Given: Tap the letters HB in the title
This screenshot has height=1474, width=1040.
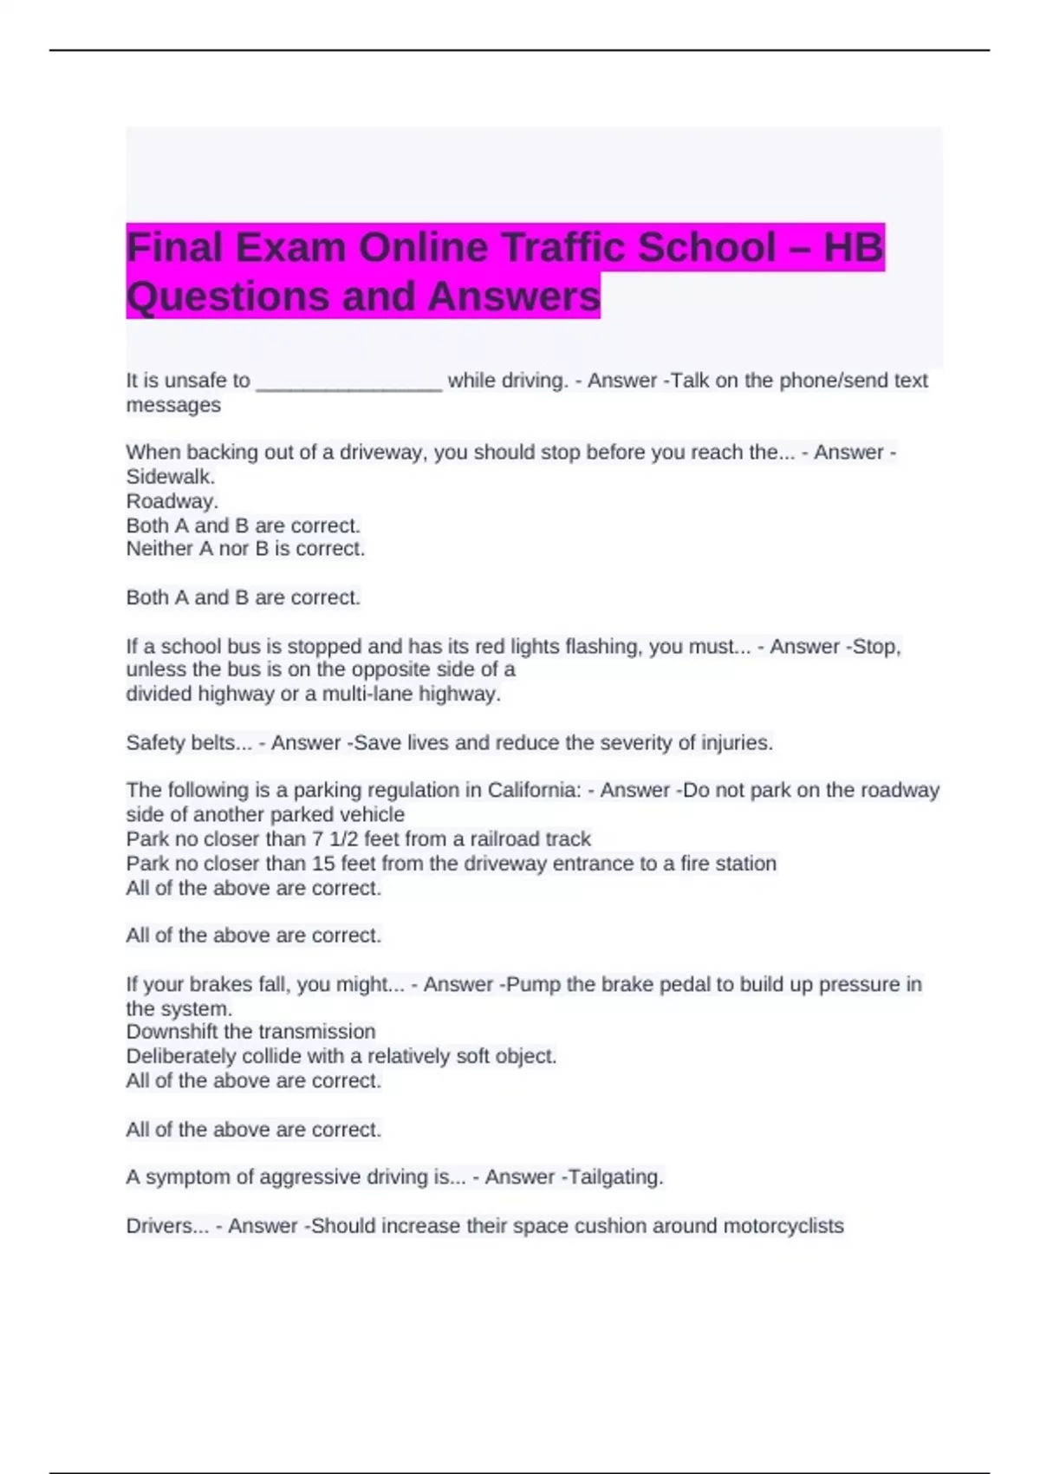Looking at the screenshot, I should (x=854, y=248).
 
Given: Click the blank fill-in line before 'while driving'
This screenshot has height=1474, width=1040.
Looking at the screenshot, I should (x=349, y=382).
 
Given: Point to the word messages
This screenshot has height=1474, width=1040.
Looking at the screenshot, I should (x=173, y=405).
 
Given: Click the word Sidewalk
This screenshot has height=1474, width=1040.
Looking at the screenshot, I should (x=170, y=477).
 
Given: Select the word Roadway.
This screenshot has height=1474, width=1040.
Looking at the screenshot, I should (x=172, y=501).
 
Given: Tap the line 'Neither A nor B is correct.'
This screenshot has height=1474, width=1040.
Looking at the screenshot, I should (x=245, y=549).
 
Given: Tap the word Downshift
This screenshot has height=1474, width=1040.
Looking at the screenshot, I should (x=172, y=1032).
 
